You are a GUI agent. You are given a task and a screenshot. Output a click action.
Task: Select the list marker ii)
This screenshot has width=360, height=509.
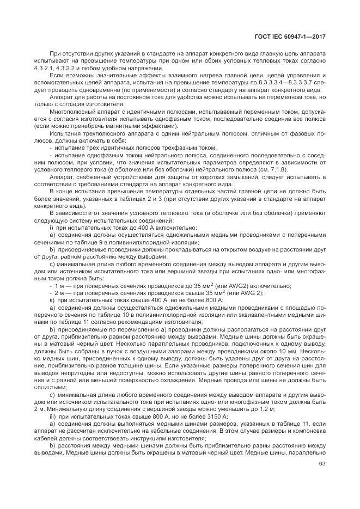52,300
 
